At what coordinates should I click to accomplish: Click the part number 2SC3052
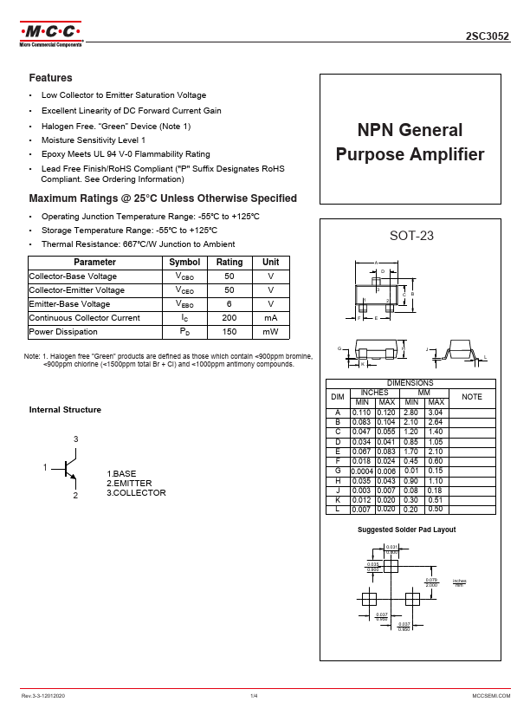(x=488, y=37)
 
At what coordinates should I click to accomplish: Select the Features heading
(x=50, y=78)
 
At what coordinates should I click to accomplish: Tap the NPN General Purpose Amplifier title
(x=410, y=143)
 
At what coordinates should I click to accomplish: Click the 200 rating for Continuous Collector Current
(x=229, y=318)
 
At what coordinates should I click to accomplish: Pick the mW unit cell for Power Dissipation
(x=271, y=332)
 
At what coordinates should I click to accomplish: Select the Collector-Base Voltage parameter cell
(x=73, y=276)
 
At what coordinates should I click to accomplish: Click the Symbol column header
(x=184, y=262)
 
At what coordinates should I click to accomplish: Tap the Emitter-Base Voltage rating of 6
(x=229, y=304)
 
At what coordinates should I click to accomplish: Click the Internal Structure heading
(x=65, y=410)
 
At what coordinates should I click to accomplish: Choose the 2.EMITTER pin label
(x=129, y=483)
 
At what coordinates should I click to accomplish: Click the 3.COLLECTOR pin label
(x=136, y=492)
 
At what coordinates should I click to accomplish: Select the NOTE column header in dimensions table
(x=472, y=396)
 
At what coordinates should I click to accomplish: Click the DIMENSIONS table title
(x=410, y=382)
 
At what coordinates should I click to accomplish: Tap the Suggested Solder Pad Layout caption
(x=407, y=530)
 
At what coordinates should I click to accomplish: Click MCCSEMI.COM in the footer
(x=491, y=696)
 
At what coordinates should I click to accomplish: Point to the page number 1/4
(x=254, y=696)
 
